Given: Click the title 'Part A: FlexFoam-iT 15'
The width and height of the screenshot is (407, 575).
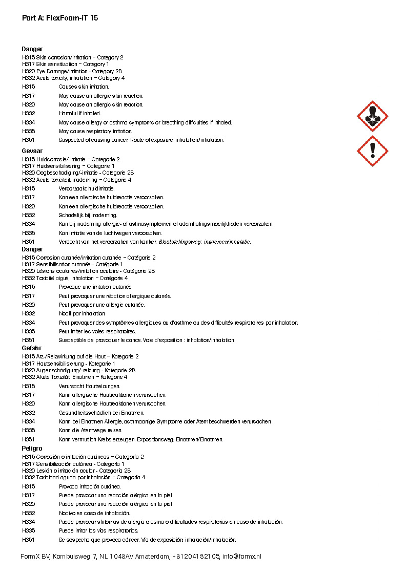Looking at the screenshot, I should [60, 18].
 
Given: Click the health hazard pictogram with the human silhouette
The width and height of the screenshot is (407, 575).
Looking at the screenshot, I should [372, 116].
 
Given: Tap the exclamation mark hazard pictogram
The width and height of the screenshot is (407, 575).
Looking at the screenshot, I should [372, 151].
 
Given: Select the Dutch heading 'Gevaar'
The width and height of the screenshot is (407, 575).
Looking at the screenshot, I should [32, 152].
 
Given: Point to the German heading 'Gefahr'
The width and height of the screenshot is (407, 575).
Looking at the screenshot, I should [32, 348].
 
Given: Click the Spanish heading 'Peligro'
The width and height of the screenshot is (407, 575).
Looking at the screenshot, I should [32, 449].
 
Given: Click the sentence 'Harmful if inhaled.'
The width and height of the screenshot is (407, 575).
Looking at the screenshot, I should [80, 113].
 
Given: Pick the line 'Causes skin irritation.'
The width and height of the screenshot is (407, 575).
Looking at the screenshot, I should [84, 87].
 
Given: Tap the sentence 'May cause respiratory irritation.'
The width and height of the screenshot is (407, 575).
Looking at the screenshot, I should [95, 131].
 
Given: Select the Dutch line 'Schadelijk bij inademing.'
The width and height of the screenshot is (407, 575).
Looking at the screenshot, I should [88, 215].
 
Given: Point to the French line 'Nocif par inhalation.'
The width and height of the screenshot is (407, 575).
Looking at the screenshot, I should [82, 313].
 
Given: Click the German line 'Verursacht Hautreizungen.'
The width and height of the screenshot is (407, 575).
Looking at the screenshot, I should [90, 386].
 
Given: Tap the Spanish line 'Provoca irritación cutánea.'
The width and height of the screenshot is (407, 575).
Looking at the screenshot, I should [90, 486].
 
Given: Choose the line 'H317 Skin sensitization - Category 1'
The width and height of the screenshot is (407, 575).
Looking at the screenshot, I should [66, 65].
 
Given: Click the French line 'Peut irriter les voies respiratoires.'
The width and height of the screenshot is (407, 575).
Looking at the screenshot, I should [97, 331].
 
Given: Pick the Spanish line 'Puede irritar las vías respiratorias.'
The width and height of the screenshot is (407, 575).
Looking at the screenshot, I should [98, 530].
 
